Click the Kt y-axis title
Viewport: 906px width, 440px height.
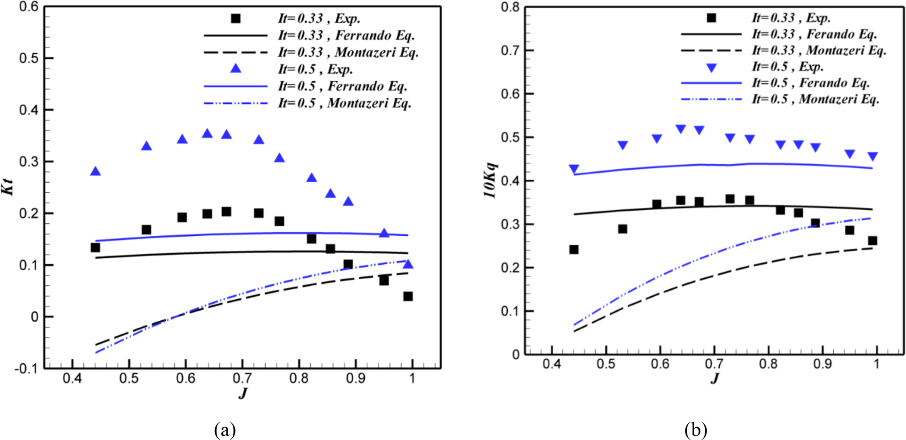[x=9, y=187]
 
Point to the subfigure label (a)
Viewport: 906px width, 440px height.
[x=225, y=430]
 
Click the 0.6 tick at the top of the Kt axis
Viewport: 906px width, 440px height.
[x=28, y=7]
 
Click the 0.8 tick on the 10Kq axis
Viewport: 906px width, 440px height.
[x=510, y=7]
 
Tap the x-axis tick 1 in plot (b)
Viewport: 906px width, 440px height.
[x=876, y=363]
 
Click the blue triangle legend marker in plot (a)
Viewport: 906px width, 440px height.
[x=236, y=68]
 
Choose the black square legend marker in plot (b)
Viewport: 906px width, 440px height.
[x=711, y=18]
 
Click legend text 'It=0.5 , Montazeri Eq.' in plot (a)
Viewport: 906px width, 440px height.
[x=345, y=103]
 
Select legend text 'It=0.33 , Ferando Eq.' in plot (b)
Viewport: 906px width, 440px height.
[x=814, y=34]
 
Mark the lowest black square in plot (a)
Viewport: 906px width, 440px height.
[x=408, y=297]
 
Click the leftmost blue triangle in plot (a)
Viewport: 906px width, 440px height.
[x=95, y=171]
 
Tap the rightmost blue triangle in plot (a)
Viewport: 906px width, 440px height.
[x=408, y=264]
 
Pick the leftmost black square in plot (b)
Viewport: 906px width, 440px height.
[x=574, y=250]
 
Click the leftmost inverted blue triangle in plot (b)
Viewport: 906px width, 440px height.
[x=574, y=169]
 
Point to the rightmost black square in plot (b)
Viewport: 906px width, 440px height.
[x=872, y=241]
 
